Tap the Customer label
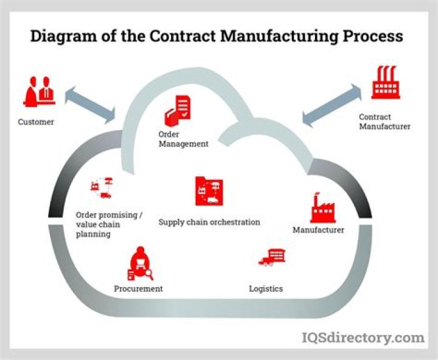[36, 122]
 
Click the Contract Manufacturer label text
[384, 122]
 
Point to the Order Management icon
[177, 110]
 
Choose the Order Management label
[183, 139]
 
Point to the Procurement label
[138, 289]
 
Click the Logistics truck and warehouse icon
[272, 258]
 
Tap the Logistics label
[266, 288]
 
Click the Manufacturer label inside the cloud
[318, 230]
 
